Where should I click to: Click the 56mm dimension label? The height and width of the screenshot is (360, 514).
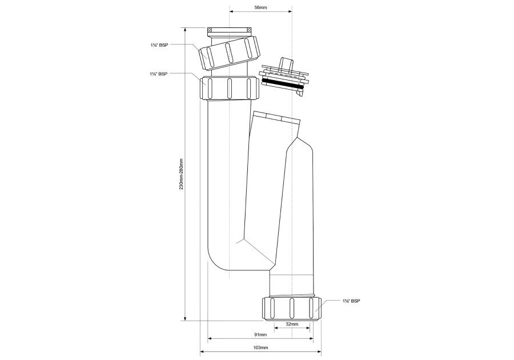(260, 7)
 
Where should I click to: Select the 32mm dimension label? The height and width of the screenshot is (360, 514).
(292, 323)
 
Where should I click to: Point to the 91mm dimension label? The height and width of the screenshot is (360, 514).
(260, 334)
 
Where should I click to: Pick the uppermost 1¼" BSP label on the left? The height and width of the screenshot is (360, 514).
(156, 44)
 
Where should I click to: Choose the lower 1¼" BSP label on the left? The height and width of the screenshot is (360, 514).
(156, 74)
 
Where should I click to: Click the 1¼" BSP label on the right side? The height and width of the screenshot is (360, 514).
(351, 301)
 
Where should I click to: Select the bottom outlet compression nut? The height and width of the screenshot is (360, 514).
(291, 309)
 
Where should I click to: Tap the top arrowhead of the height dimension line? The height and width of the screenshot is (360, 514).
(184, 29)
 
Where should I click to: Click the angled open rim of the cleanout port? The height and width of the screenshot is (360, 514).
(276, 118)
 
